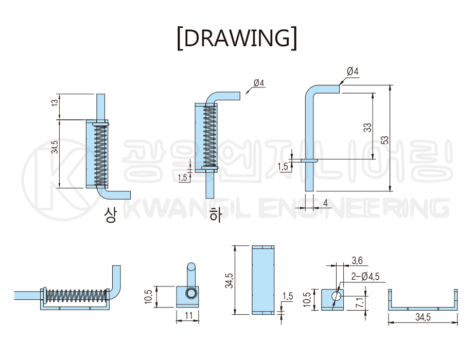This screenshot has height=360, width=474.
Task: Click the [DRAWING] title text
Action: point(237,38)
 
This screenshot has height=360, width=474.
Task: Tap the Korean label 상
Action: point(110,215)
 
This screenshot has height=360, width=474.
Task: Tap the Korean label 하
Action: point(216,215)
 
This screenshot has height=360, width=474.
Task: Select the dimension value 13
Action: point(55,103)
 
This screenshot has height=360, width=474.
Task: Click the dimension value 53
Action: point(384,140)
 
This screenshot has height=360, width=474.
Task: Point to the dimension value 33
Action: point(367,128)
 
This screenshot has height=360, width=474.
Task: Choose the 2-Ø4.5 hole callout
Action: point(365,276)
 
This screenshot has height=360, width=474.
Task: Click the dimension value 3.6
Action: point(357,260)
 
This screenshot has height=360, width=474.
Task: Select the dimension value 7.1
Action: point(359,303)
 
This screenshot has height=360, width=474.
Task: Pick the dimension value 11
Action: point(189,316)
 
